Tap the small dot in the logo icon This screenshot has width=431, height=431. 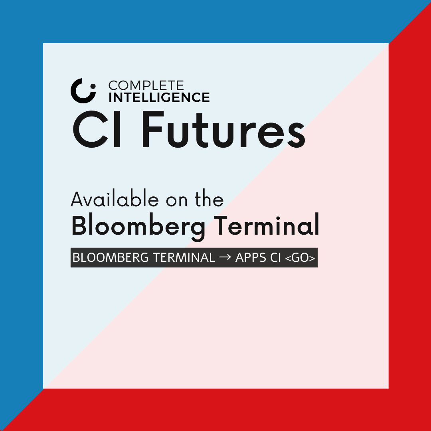(x=93, y=85)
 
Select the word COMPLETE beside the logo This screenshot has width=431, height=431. (x=146, y=85)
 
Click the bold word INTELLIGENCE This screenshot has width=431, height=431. (x=159, y=97)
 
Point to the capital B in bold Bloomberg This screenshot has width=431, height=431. (x=80, y=225)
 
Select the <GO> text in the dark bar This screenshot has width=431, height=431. (x=301, y=258)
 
